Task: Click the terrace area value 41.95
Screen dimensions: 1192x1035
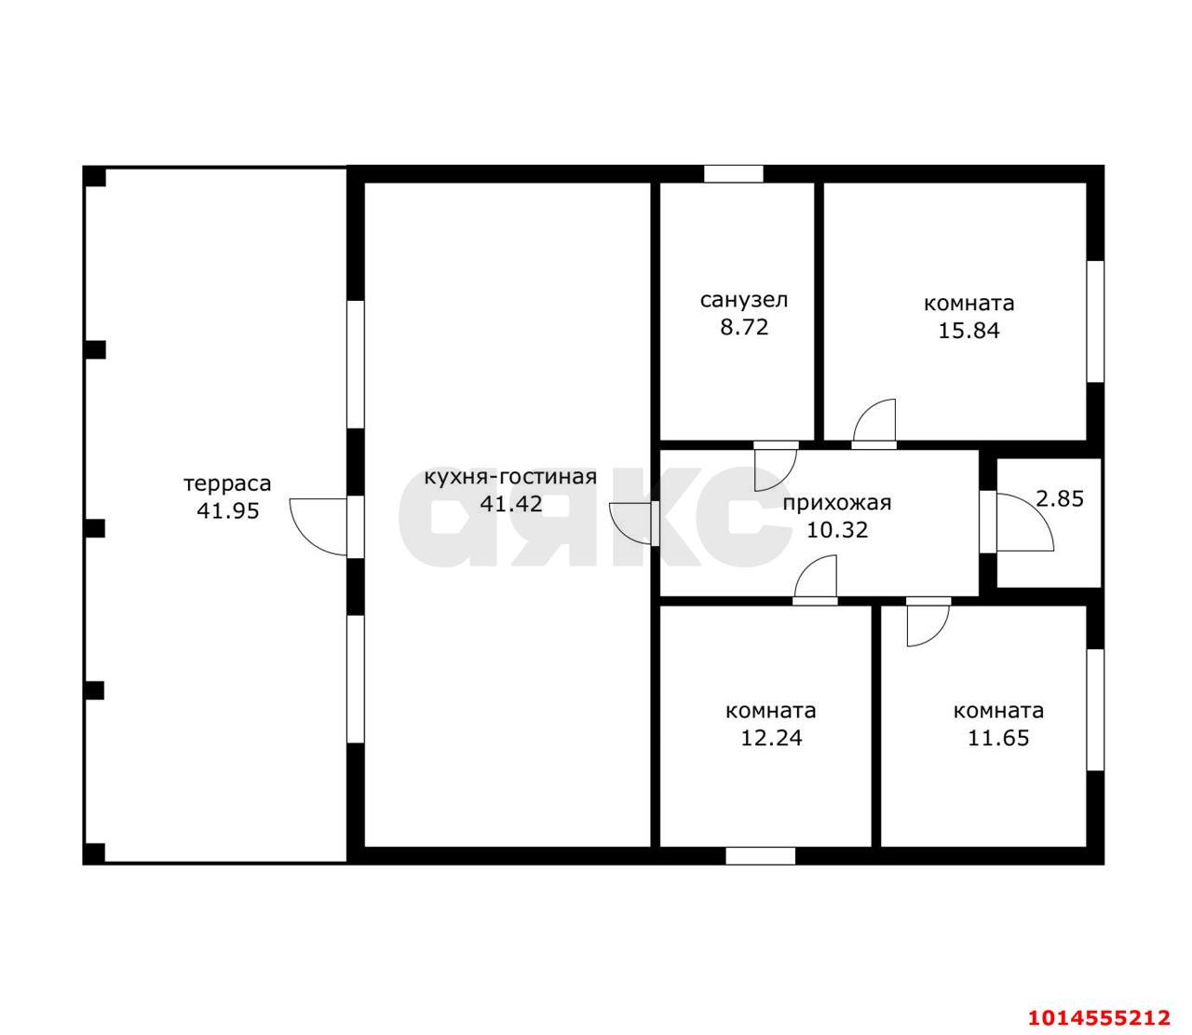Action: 228,511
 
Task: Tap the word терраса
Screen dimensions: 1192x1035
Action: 228,484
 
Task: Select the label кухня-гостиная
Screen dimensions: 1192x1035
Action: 510,477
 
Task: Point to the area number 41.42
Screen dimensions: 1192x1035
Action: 511,504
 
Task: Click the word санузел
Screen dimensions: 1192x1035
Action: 744,301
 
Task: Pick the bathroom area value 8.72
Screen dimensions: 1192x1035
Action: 744,328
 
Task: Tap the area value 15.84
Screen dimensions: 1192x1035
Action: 968,331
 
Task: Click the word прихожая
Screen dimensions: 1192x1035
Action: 836,503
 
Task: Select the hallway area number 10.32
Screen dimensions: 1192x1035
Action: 836,530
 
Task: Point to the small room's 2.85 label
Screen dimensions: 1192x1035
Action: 1060,498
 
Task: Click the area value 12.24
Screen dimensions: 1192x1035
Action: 771,739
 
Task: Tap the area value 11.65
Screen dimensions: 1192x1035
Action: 998,739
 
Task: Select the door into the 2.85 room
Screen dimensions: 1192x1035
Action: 1024,523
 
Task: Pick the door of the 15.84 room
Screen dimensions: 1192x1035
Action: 874,421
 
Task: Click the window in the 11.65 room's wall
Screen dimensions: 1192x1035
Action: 1095,711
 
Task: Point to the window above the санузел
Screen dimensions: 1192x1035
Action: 734,173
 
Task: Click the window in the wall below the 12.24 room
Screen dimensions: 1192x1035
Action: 760,856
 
